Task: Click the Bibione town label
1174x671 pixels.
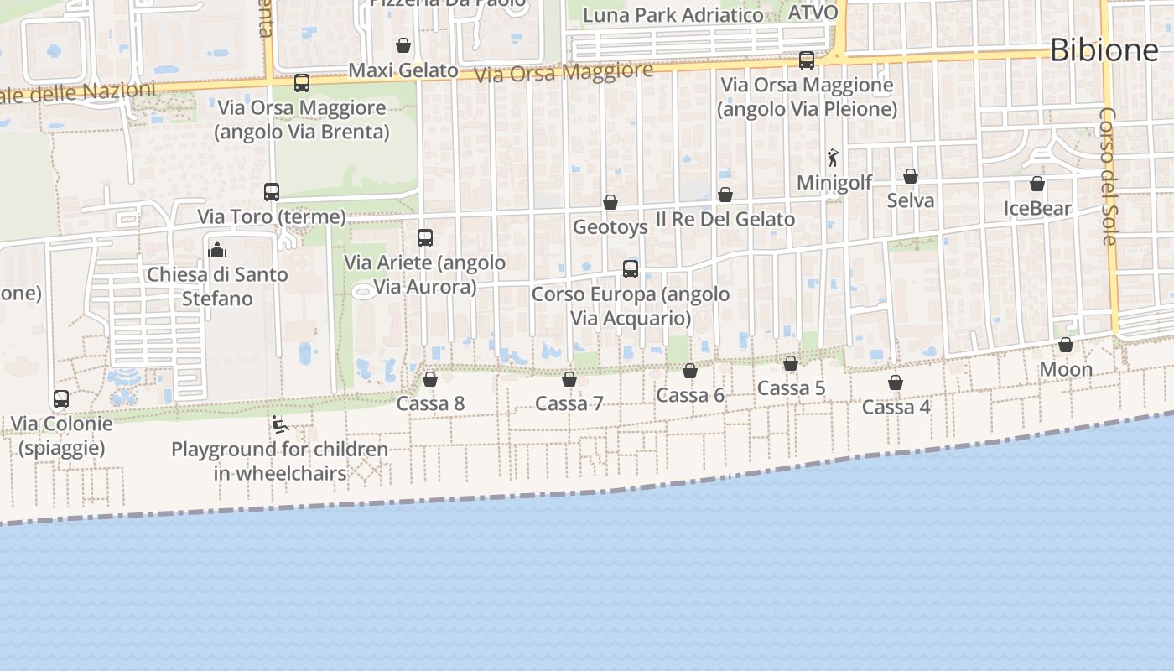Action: (1104, 50)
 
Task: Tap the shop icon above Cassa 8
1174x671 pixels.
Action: (430, 379)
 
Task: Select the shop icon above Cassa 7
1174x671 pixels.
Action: (569, 379)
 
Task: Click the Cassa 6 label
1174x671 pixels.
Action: (690, 395)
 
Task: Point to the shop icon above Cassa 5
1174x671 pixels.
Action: (791, 363)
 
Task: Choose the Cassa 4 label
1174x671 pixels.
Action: (896, 407)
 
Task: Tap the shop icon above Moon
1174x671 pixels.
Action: (1066, 345)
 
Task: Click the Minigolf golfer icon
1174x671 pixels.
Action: (833, 158)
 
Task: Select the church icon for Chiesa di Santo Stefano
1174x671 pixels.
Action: (217, 250)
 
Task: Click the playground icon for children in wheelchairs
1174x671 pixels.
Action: (279, 424)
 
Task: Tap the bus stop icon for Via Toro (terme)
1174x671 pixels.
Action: (272, 192)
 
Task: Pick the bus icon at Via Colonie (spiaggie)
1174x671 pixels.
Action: (61, 399)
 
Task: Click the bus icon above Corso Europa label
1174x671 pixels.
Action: (631, 269)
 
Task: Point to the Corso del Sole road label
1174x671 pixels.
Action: (1108, 176)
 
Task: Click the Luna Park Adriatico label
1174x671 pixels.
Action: (673, 15)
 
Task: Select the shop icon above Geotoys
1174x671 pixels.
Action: (610, 202)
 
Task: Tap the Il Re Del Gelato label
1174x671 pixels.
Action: (725, 220)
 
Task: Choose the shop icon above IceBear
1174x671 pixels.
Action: (1037, 184)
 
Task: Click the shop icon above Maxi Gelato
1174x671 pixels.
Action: (403, 45)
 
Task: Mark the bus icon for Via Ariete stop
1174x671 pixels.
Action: (425, 238)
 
